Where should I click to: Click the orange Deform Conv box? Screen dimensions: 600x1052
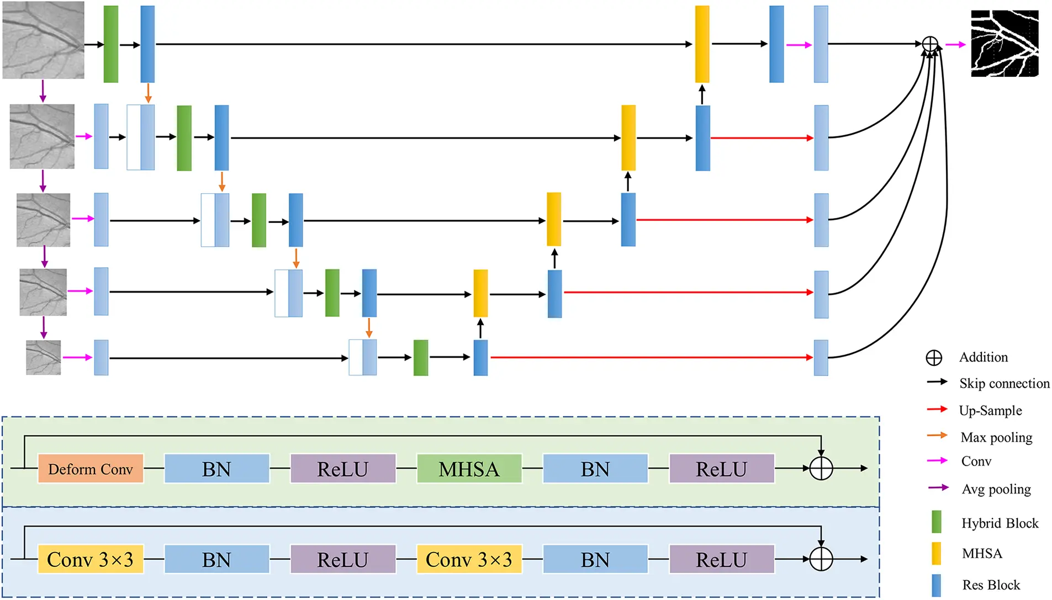91,469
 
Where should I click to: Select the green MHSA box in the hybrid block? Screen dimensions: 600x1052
469,469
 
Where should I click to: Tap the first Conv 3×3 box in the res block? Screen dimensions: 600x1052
91,559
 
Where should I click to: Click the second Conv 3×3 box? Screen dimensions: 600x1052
469,559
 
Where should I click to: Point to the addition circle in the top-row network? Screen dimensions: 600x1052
930,44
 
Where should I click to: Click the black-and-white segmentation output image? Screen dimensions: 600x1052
1005,44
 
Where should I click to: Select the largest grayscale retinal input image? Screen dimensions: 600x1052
44,40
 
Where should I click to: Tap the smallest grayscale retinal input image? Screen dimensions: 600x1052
43,358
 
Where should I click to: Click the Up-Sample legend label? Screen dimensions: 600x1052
990,411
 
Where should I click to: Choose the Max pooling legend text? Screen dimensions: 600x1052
996,438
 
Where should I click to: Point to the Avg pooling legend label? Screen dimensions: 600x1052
996,489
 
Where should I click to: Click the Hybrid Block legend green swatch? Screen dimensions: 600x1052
936,522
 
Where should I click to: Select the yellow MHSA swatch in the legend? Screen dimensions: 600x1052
936,553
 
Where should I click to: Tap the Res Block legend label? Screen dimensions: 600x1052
991,585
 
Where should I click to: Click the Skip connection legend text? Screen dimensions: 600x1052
1004,384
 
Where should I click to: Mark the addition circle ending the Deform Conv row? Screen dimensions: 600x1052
821,469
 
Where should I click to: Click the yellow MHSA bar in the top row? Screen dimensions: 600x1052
702,44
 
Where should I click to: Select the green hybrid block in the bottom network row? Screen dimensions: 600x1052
421,358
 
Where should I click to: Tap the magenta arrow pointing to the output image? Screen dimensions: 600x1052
955,45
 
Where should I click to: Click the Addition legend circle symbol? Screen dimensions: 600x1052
934,358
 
